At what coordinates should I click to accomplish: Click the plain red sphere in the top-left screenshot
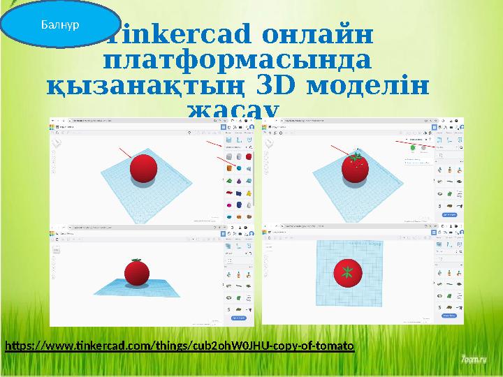tap(143, 168)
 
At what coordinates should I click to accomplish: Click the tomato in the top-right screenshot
tap(356, 169)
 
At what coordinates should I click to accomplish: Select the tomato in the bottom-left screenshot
tap(137, 272)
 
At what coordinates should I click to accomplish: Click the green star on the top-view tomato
tap(346, 272)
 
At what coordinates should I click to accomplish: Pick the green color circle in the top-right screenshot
tap(414, 147)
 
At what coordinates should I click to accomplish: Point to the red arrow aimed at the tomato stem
tap(340, 149)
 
